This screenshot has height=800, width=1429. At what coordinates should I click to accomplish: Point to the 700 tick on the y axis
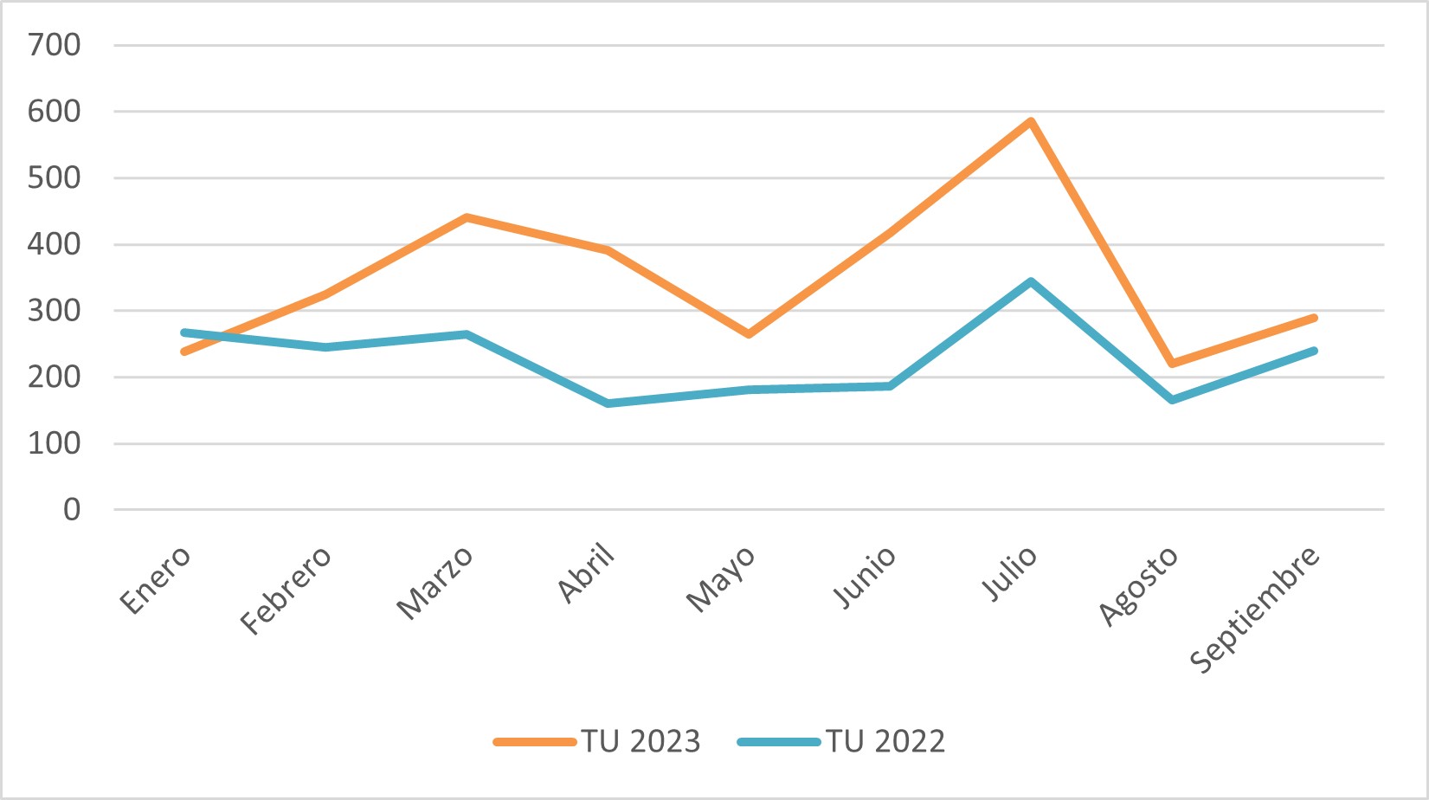pyautogui.click(x=54, y=45)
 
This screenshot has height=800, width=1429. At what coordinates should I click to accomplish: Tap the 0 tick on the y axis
pyautogui.click(x=72, y=510)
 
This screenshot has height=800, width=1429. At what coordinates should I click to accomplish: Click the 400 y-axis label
pyautogui.click(x=54, y=244)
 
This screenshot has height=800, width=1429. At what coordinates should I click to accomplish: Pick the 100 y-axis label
pyautogui.click(x=54, y=443)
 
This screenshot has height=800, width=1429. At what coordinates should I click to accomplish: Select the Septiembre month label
pyautogui.click(x=1255, y=609)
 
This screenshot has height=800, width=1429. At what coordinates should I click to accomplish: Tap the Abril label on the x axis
pyautogui.click(x=587, y=573)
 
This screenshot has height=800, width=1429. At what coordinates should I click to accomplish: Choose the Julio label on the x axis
pyautogui.click(x=1009, y=573)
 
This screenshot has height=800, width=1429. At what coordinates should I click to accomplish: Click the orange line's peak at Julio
pyautogui.click(x=1031, y=121)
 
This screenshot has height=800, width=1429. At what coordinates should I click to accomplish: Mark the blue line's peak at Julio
pyautogui.click(x=1031, y=281)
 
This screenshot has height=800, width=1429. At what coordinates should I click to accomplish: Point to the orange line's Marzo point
pyautogui.click(x=467, y=217)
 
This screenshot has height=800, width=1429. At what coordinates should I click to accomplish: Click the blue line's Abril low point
pyautogui.click(x=608, y=403)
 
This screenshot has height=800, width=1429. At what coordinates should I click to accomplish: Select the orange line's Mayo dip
pyautogui.click(x=749, y=334)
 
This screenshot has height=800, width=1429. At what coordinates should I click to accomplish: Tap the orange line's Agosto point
pyautogui.click(x=1172, y=364)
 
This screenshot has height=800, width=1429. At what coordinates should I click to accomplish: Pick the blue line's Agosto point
pyautogui.click(x=1172, y=400)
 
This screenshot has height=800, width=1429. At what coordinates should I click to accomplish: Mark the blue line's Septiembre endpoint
pyautogui.click(x=1313, y=351)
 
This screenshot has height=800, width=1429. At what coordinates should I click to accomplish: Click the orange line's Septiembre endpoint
pyautogui.click(x=1313, y=318)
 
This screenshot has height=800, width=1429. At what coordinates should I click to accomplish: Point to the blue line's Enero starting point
pyautogui.click(x=184, y=332)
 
